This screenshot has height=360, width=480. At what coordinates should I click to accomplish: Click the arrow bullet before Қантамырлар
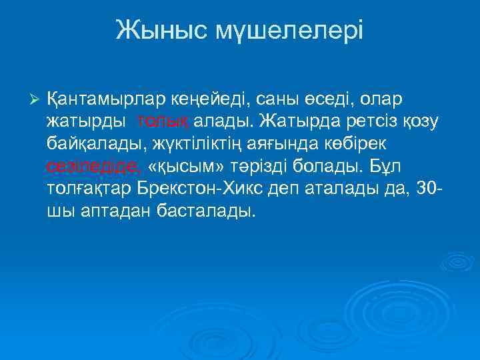coord(36,100)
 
